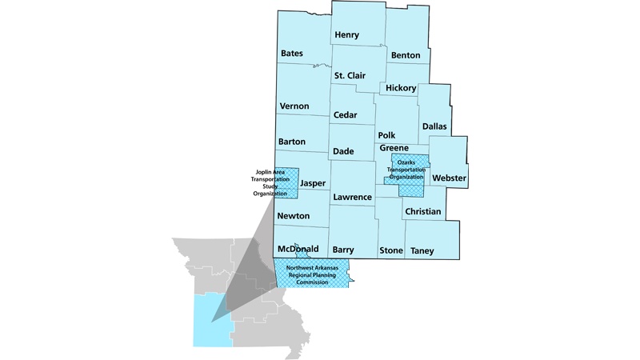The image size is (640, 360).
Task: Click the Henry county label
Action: click(347, 35)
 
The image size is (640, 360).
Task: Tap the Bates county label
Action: click(291, 54)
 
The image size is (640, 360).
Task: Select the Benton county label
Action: click(406, 55)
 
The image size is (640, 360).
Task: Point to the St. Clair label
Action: click(350, 76)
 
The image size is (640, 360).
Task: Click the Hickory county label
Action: click(401, 87)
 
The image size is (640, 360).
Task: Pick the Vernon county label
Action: click(294, 106)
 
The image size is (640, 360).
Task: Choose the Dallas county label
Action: click(435, 126)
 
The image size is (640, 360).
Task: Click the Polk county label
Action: click(386, 136)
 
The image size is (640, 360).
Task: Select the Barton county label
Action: click(292, 142)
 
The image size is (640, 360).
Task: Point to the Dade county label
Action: click(342, 151)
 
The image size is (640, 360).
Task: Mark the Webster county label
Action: click(449, 177)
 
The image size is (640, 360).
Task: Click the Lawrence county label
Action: click(352, 197)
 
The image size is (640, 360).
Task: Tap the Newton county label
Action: click(293, 216)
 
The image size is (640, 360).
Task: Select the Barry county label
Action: click(342, 250)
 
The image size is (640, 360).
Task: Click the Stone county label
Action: click(391, 251)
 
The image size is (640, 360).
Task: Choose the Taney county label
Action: click(422, 251)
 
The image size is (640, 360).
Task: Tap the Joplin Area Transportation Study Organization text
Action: click(264, 182)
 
